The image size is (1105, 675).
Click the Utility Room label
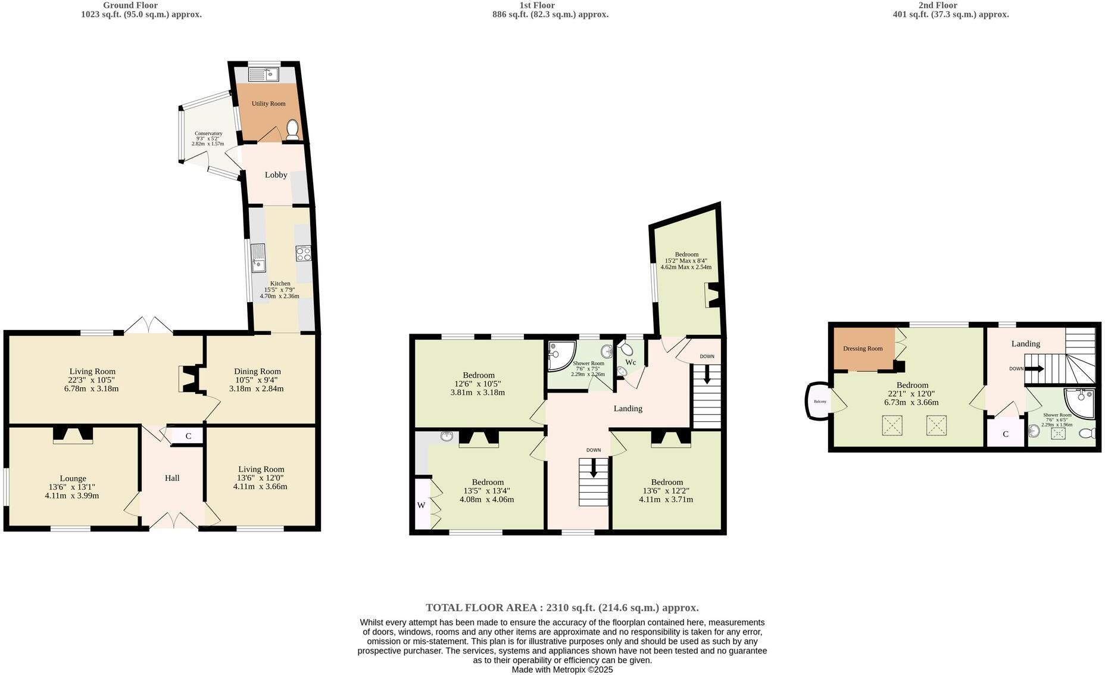pos(268,104)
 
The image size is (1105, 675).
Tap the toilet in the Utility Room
pos(292,130)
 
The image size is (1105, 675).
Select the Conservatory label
pos(208,134)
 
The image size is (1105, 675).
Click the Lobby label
pos(276,175)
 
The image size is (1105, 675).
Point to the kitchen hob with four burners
pos(303,254)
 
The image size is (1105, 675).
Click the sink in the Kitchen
pos(258,257)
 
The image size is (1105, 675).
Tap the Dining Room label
pos(257,371)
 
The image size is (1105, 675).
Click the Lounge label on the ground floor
pos(73,478)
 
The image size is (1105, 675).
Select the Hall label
pos(172,478)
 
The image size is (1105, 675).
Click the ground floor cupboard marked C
pos(188,436)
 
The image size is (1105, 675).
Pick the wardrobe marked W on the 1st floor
pos(422,505)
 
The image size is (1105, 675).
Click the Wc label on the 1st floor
pos(630,362)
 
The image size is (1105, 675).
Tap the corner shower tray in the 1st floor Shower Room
pos(560,354)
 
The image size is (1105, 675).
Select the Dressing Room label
pos(863,349)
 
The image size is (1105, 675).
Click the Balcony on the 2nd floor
pos(820,402)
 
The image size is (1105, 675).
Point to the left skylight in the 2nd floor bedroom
pos(892,425)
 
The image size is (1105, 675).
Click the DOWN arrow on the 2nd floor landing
pos(1035,369)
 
